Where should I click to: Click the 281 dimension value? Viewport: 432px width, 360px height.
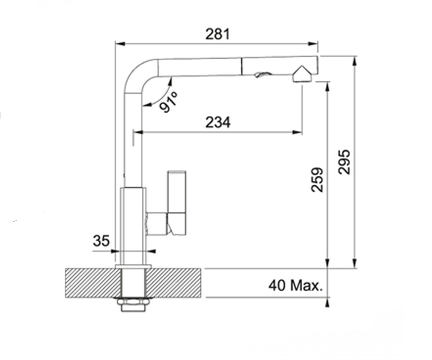pos(217,34)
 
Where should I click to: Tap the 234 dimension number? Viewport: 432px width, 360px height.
pos(218,122)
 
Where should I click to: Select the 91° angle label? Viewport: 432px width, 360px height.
pos(168,102)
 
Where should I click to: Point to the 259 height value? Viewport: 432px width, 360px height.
pos(317,180)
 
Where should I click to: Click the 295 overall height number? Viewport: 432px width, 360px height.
pos(344,162)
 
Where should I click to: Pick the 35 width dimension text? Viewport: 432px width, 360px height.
pos(101,240)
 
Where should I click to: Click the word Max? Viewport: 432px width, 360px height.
pos(306,286)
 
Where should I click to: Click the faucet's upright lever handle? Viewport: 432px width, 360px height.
pos(177,203)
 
